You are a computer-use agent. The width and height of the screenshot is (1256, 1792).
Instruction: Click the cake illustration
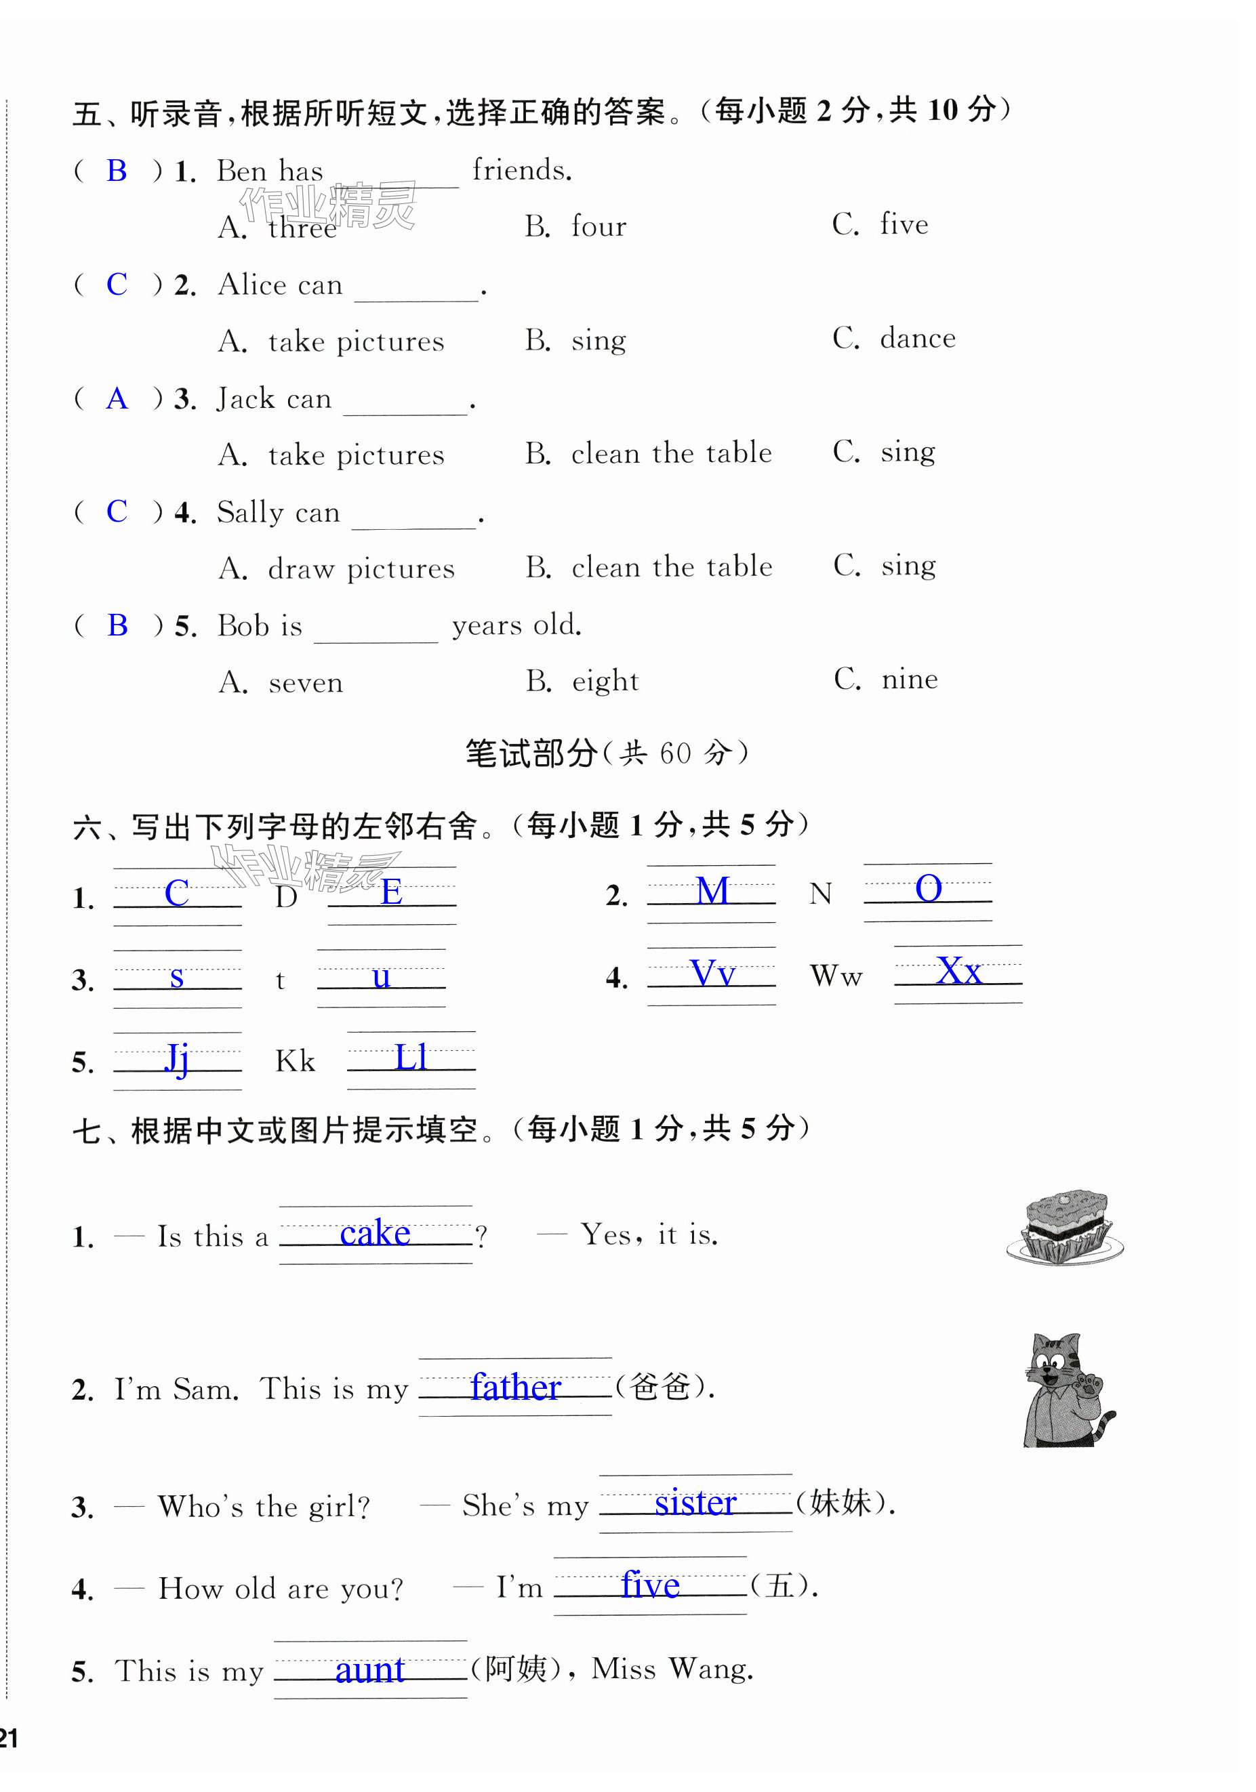[1065, 1227]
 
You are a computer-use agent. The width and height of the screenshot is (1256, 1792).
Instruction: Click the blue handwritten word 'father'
[515, 1388]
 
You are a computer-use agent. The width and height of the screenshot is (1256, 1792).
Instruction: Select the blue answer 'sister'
[695, 1503]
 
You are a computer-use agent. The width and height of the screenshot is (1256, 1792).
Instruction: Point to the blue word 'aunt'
[369, 1669]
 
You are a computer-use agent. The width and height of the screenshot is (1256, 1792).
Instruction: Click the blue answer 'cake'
[375, 1233]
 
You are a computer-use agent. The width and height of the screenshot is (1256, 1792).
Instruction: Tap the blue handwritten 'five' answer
[649, 1585]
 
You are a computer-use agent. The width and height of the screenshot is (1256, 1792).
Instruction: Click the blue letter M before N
[712, 890]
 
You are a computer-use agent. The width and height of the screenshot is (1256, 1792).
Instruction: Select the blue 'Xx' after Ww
[958, 972]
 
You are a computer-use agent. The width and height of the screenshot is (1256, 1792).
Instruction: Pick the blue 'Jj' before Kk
[177, 1058]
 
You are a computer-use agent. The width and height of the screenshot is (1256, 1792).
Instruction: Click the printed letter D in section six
[287, 897]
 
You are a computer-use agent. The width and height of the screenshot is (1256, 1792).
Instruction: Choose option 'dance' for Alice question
[917, 339]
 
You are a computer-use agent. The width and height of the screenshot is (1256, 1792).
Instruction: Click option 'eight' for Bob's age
[605, 682]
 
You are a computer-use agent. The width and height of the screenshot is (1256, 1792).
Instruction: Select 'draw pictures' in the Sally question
[361, 569]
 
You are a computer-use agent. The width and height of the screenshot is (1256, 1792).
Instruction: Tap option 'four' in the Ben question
[599, 226]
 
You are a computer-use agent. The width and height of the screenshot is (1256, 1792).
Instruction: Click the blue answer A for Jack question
[117, 399]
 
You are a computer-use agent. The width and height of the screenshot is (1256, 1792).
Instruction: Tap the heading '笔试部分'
[531, 753]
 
